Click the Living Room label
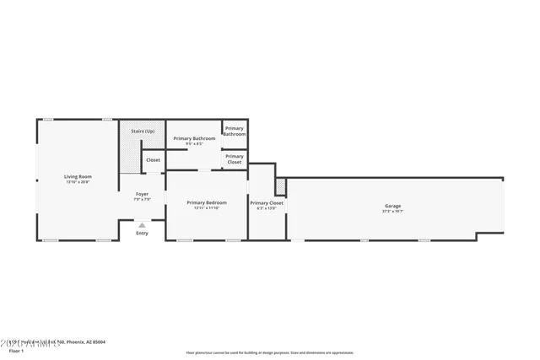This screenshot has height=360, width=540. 78,176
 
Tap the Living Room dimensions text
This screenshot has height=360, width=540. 78,182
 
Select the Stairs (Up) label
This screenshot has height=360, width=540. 143,132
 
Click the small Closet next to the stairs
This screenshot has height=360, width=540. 153,159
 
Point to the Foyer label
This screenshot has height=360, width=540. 142,194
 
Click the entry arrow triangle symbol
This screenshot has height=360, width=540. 142,225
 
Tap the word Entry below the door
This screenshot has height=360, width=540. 142,234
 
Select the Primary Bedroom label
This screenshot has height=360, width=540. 207,202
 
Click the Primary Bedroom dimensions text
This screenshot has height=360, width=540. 207,208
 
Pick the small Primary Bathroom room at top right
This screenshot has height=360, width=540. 235,131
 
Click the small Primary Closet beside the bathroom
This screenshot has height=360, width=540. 235,159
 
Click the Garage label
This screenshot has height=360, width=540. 393,206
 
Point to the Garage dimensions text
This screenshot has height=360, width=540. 393,212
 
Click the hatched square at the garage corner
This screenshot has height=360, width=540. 281,184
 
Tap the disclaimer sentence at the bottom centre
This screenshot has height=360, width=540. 270,353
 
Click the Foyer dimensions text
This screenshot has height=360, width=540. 142,200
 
